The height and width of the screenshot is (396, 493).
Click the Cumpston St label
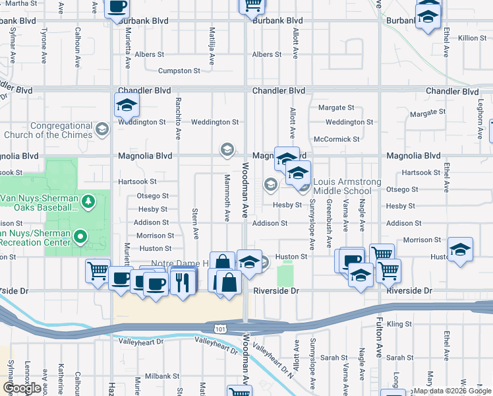[179, 71]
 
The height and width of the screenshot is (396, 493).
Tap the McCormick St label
[336, 139]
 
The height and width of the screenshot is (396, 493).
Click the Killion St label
[472, 38]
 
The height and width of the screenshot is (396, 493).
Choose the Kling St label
[399, 324]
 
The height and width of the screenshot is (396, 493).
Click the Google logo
[21, 387]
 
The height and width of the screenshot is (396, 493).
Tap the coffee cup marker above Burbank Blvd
[117, 9]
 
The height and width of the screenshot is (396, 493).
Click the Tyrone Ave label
[44, 42]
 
